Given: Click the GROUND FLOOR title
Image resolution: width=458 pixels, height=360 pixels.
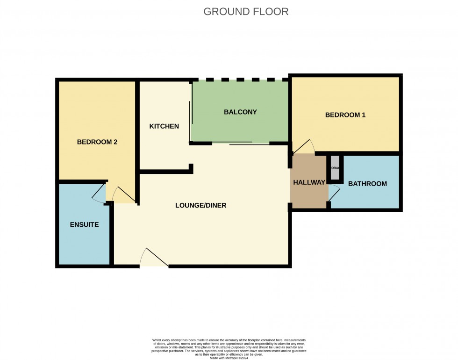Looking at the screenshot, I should coord(246,12).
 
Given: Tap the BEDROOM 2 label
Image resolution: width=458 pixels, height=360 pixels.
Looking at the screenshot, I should coord(97,142).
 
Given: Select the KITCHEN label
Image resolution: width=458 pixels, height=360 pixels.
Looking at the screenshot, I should coord(164,126).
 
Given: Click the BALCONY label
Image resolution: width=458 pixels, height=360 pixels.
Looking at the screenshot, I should coord(240,112).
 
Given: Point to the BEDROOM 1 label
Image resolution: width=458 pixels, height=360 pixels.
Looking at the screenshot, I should coord(345,115).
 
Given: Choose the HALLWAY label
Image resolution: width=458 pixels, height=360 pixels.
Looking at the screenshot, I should coord(309,183).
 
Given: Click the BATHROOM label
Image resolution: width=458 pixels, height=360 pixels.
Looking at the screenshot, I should coord(367,184).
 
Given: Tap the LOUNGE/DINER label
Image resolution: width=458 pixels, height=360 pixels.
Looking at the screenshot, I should coord(200,205).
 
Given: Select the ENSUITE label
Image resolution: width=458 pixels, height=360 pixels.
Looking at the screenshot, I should coord(84,224).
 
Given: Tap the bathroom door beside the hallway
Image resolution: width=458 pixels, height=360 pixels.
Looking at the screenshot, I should coord(334,193).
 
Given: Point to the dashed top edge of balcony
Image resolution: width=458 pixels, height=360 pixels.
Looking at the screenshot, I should coord(240,80).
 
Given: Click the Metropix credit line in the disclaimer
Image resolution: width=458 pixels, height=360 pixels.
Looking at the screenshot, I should coord(229,358).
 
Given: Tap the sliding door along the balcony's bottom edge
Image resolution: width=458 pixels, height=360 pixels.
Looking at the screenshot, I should coord(241,143).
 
